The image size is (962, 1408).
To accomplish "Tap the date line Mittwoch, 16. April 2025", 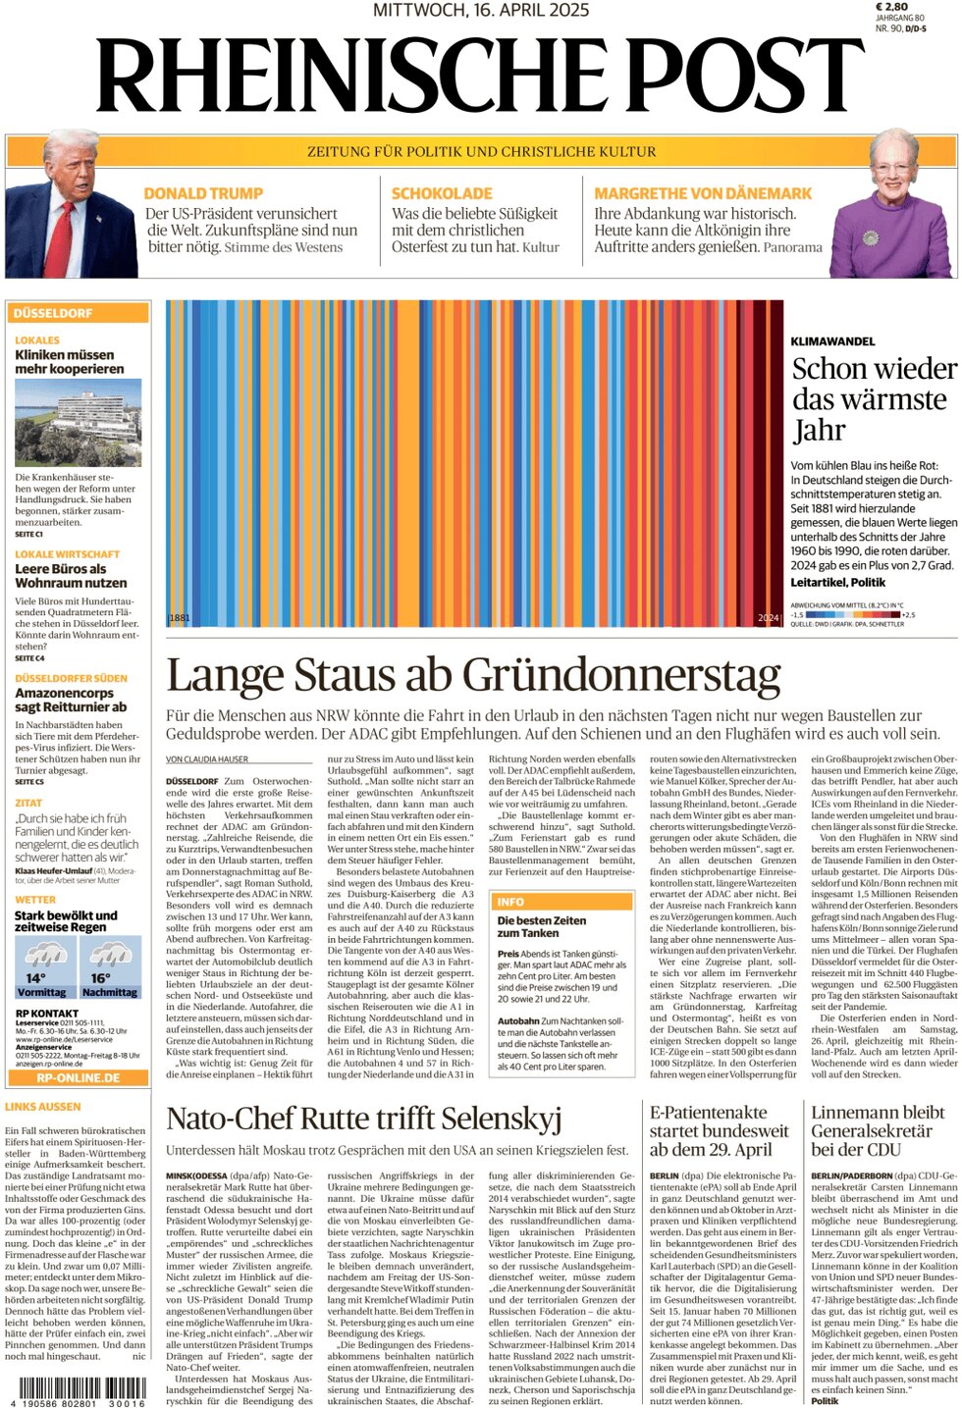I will (x=481, y=10).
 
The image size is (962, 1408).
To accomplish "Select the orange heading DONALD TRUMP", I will (x=203, y=194).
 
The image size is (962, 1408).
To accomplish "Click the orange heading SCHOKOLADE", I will (x=442, y=194).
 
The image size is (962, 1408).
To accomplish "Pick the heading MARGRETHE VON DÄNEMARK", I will (x=703, y=194).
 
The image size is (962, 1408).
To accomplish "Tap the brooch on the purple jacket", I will (x=869, y=237).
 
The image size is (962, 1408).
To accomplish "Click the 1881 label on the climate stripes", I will (x=180, y=617).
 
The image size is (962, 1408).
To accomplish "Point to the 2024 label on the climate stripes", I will (x=768, y=618).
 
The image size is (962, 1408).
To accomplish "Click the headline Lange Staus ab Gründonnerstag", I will (x=473, y=676).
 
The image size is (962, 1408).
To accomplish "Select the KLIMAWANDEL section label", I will (x=832, y=341).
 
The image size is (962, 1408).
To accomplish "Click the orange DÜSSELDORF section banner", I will (x=78, y=313).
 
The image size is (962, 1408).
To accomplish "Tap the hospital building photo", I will (x=78, y=423).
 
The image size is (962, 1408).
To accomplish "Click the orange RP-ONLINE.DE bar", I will (x=78, y=1077).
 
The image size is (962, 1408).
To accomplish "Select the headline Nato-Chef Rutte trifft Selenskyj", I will (x=363, y=1119).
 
